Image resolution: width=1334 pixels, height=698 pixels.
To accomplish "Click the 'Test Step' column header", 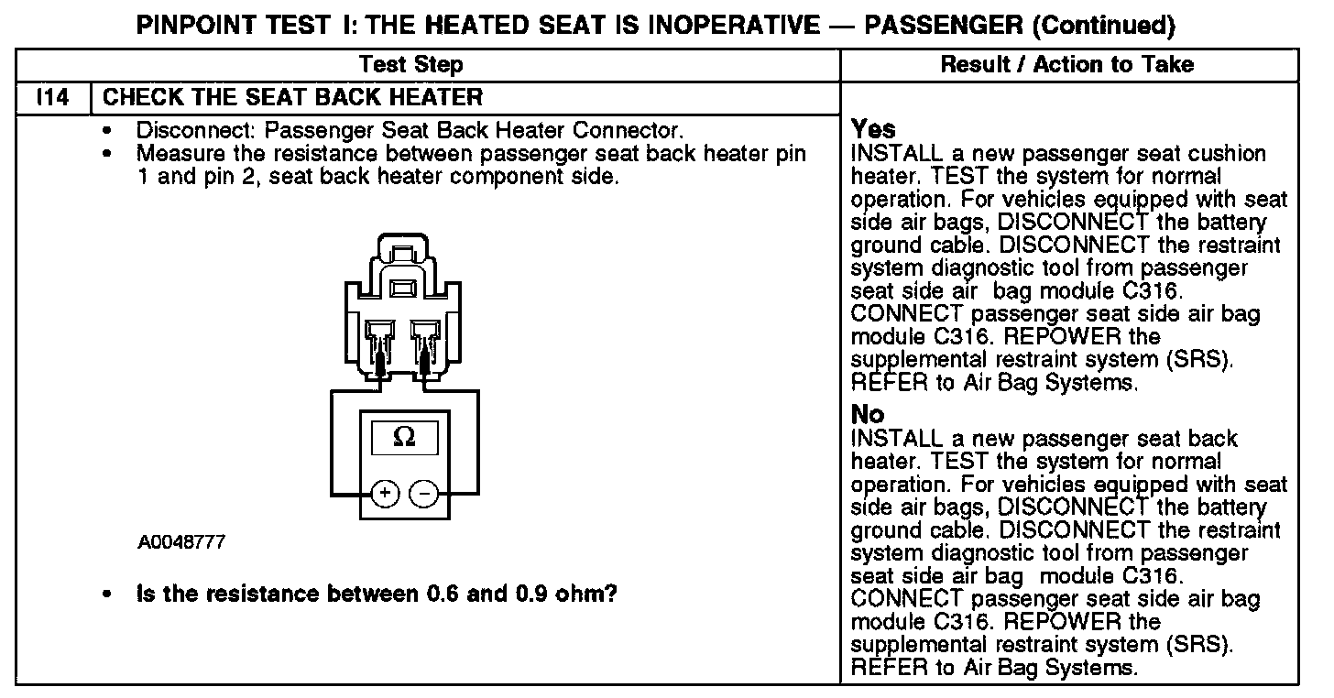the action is [411, 64].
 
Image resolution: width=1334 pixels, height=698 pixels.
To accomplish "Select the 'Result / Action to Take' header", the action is [1067, 64].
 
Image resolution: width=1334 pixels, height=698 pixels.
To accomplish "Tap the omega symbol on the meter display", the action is [403, 437].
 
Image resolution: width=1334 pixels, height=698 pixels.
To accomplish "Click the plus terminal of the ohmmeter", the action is [385, 494].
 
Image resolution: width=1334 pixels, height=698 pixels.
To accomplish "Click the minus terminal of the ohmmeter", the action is [424, 494].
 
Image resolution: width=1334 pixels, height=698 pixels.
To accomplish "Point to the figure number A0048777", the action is [181, 543].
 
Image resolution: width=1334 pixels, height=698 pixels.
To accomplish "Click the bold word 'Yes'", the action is [873, 129].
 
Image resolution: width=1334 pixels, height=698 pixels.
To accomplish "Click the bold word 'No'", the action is [868, 414].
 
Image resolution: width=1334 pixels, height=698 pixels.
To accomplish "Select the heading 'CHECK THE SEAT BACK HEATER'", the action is [293, 96].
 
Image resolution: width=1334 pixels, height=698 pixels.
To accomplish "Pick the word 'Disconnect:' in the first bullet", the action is [191, 130].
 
